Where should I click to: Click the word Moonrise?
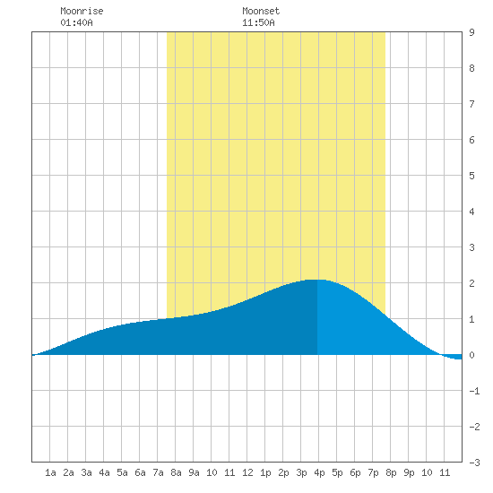click(82, 11)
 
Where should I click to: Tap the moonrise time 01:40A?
click(76, 22)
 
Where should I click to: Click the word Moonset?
click(261, 11)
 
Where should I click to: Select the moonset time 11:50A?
click(258, 22)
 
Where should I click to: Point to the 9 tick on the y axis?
click(471, 32)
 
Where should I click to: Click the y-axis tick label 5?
click(471, 176)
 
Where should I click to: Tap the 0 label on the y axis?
click(471, 355)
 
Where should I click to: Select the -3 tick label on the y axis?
click(474, 463)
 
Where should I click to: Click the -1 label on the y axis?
click(474, 391)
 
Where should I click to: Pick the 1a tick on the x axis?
click(50, 472)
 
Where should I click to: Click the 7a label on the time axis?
click(158, 472)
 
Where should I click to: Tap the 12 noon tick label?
click(247, 472)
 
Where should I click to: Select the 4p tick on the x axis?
click(319, 472)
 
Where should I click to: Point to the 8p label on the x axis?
click(391, 472)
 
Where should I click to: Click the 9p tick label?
click(409, 472)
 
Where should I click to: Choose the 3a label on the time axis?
click(86, 472)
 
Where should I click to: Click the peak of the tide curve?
click(316, 280)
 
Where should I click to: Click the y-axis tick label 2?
click(471, 283)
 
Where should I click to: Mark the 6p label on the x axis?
click(355, 472)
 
